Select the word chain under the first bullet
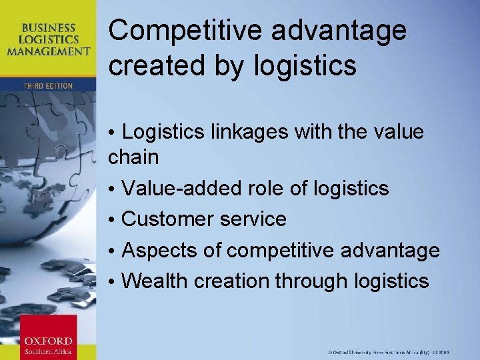pos(133,157)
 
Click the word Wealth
pos(156,281)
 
